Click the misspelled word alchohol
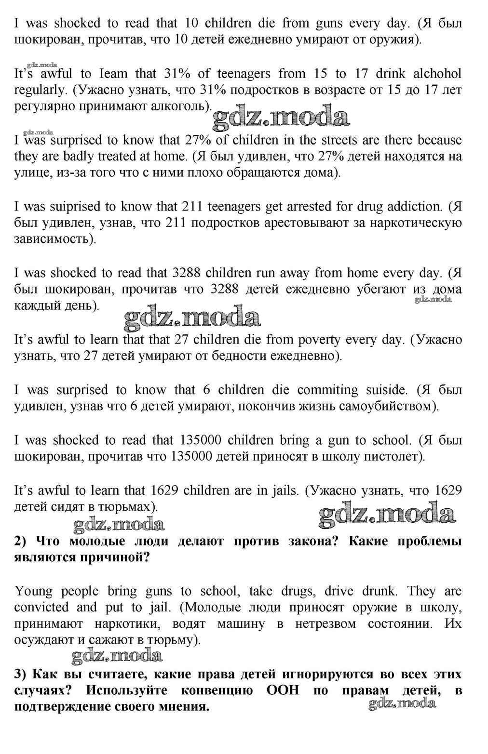pos(435,74)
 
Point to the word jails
pos(284,490)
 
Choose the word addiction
pos(409,207)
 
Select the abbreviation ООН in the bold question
pos(283,690)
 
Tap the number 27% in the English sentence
pos(198,140)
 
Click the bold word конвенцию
pos(217,690)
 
